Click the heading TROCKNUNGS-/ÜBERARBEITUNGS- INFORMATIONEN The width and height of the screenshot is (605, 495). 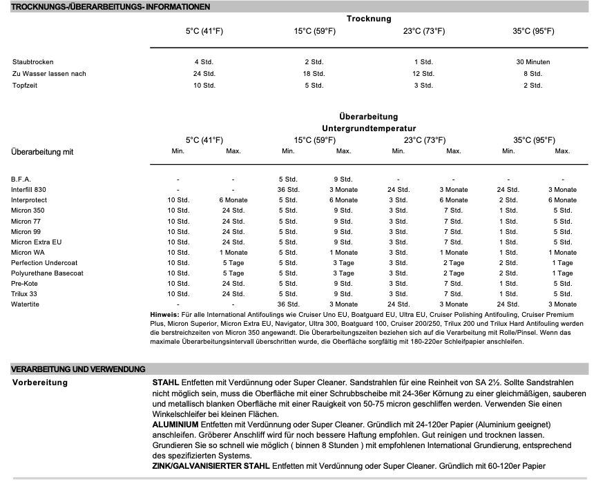(x=111, y=6)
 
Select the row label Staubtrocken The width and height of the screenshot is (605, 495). (x=32, y=62)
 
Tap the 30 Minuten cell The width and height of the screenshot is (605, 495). (x=532, y=62)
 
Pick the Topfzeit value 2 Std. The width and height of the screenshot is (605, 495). (x=532, y=86)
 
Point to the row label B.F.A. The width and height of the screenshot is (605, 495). (x=21, y=179)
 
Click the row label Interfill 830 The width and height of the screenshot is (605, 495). (x=28, y=189)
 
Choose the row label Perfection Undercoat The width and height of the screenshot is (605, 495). (x=44, y=263)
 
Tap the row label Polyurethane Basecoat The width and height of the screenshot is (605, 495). (x=46, y=273)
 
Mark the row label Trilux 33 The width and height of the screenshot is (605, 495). (x=26, y=294)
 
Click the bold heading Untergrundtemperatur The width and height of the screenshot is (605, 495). (x=369, y=128)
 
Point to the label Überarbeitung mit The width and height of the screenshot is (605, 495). (x=42, y=152)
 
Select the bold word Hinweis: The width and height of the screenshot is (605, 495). (x=164, y=315)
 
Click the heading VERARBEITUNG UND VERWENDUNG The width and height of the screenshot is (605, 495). (x=78, y=369)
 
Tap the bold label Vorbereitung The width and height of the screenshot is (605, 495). (x=40, y=382)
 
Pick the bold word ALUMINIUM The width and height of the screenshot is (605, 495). (x=175, y=423)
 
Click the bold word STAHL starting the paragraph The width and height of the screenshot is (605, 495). (x=166, y=382)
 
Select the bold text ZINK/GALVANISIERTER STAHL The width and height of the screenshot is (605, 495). (x=211, y=467)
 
